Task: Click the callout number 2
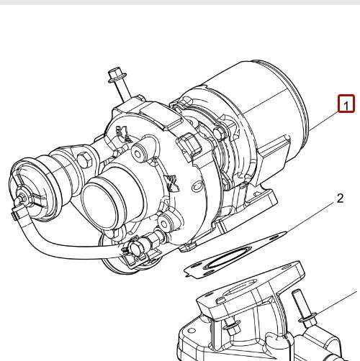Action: (x=339, y=198)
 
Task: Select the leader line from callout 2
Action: (x=310, y=216)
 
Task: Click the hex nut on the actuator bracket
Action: (x=83, y=156)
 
